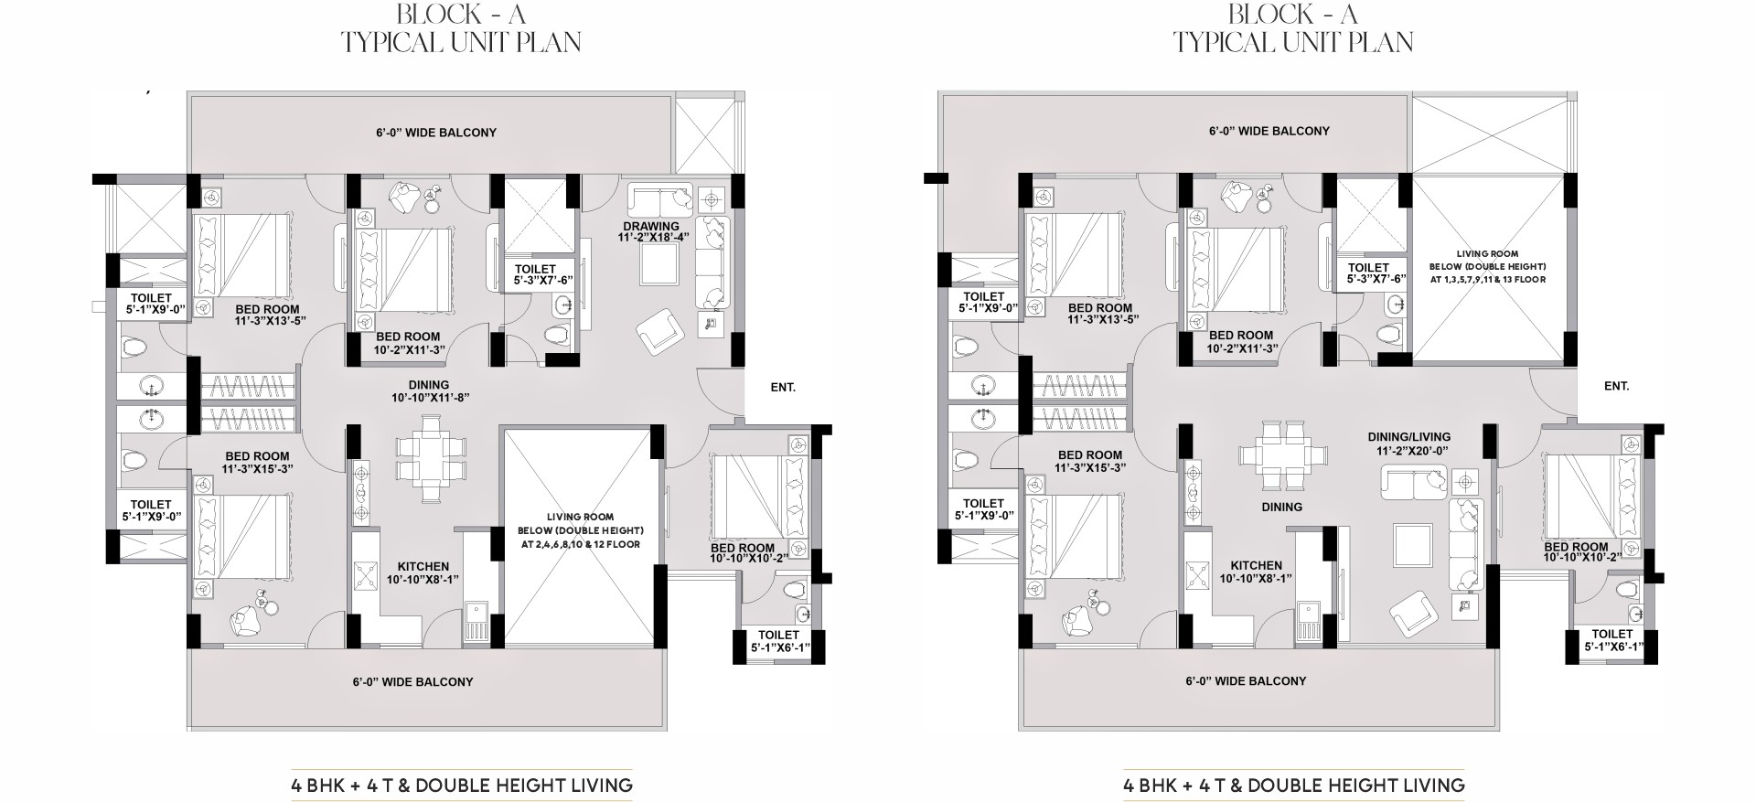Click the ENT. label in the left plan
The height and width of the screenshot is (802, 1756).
783,388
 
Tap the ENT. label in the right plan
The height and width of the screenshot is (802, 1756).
1617,387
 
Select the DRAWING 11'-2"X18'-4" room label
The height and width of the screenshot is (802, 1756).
651,232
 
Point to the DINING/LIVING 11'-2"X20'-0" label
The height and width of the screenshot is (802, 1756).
1408,444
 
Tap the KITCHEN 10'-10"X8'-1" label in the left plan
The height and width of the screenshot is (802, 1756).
423,573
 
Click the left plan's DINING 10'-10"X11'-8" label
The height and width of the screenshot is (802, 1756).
429,391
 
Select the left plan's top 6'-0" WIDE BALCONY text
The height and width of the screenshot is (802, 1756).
436,133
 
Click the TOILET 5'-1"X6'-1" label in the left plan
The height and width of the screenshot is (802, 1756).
779,641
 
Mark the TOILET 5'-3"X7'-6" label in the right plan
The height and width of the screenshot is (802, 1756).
1368,274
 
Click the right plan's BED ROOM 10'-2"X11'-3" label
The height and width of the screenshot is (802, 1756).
1240,342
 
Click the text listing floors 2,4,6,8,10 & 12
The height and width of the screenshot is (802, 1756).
580,544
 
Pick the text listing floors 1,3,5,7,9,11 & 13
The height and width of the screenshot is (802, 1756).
1487,279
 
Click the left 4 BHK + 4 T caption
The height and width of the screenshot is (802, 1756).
462,785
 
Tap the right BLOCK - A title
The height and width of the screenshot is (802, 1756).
1293,14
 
